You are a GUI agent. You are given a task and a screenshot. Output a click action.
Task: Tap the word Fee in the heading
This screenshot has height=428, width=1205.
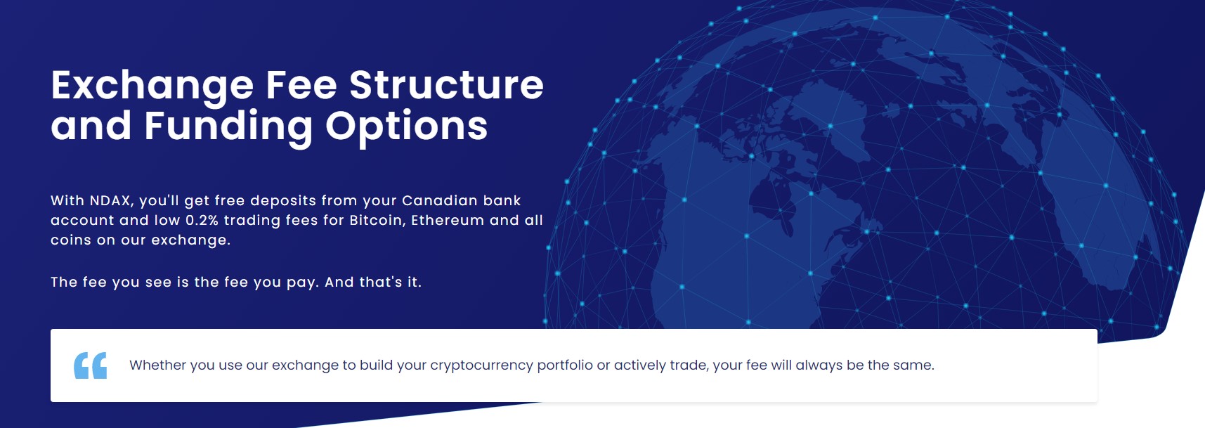301,85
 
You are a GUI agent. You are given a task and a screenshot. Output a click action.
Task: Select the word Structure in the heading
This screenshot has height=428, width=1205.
447,85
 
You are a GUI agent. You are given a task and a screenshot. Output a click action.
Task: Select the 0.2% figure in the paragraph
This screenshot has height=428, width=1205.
202,220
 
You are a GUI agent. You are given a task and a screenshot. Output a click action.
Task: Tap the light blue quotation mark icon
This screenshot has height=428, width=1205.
91,365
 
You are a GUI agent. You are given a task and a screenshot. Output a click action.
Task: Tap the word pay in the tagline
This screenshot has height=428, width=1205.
302,283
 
